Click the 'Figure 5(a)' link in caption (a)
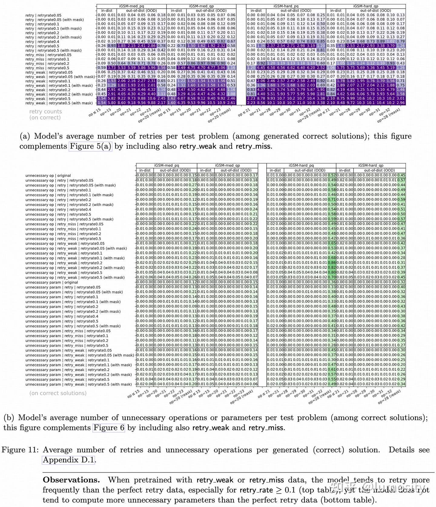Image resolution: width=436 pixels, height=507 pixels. pos(91,146)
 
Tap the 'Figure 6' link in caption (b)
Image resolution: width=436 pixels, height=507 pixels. pos(109,428)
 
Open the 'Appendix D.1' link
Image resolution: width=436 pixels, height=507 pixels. pos(68,460)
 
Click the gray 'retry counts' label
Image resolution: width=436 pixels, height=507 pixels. pos(45,111)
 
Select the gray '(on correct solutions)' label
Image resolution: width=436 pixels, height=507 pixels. pos(58,393)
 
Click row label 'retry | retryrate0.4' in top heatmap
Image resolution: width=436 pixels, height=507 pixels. pos(42,41)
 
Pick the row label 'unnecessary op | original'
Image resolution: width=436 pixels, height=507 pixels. pos(48,175)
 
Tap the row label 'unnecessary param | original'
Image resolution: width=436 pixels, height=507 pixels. pos(52,282)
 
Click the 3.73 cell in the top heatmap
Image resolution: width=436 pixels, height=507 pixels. pos(112,68)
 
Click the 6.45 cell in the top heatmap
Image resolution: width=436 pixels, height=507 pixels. pos(261,68)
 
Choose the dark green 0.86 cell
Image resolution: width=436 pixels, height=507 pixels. pos(332,263)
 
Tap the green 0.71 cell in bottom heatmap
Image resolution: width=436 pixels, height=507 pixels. pos(332,200)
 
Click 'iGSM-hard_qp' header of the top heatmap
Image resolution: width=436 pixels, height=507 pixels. pos(365,6)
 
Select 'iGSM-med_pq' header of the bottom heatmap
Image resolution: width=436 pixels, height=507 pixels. pos(167,165)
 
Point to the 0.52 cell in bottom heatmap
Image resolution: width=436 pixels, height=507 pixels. pos(332,175)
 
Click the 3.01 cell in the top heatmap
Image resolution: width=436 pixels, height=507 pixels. pos(401,98)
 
